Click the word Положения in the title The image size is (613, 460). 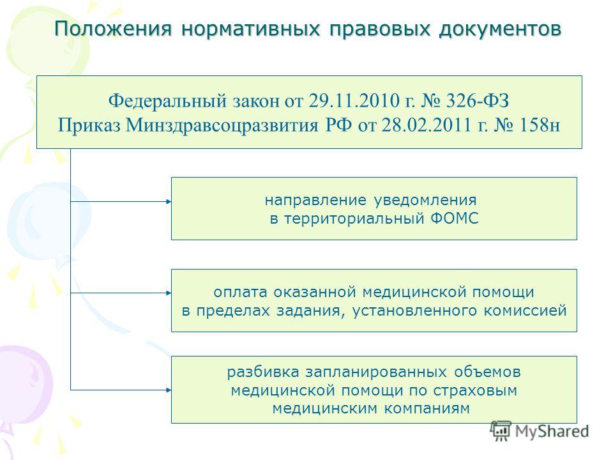(113, 29)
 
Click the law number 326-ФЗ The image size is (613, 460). (478, 100)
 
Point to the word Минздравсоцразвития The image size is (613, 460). (222, 126)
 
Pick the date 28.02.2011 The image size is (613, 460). (427, 125)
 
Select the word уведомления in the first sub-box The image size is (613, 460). (425, 200)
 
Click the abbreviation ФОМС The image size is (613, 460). (454, 218)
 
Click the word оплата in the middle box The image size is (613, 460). (241, 292)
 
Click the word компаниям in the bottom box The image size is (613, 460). (427, 408)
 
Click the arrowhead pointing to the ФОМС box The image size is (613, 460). (169, 201)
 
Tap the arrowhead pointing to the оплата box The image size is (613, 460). (169, 293)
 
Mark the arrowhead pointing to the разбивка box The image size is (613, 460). (169, 390)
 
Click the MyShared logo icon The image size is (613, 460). (501, 431)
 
